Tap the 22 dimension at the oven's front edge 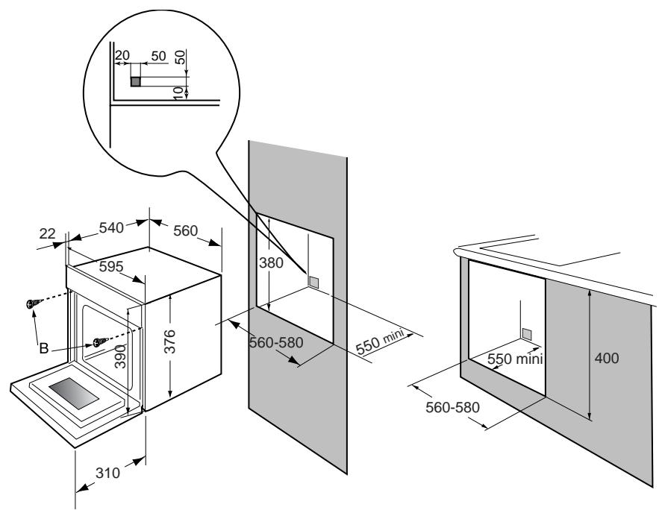48,233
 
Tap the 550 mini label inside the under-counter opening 513,359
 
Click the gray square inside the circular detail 136,81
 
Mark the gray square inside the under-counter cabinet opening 528,333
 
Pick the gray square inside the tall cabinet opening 314,282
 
